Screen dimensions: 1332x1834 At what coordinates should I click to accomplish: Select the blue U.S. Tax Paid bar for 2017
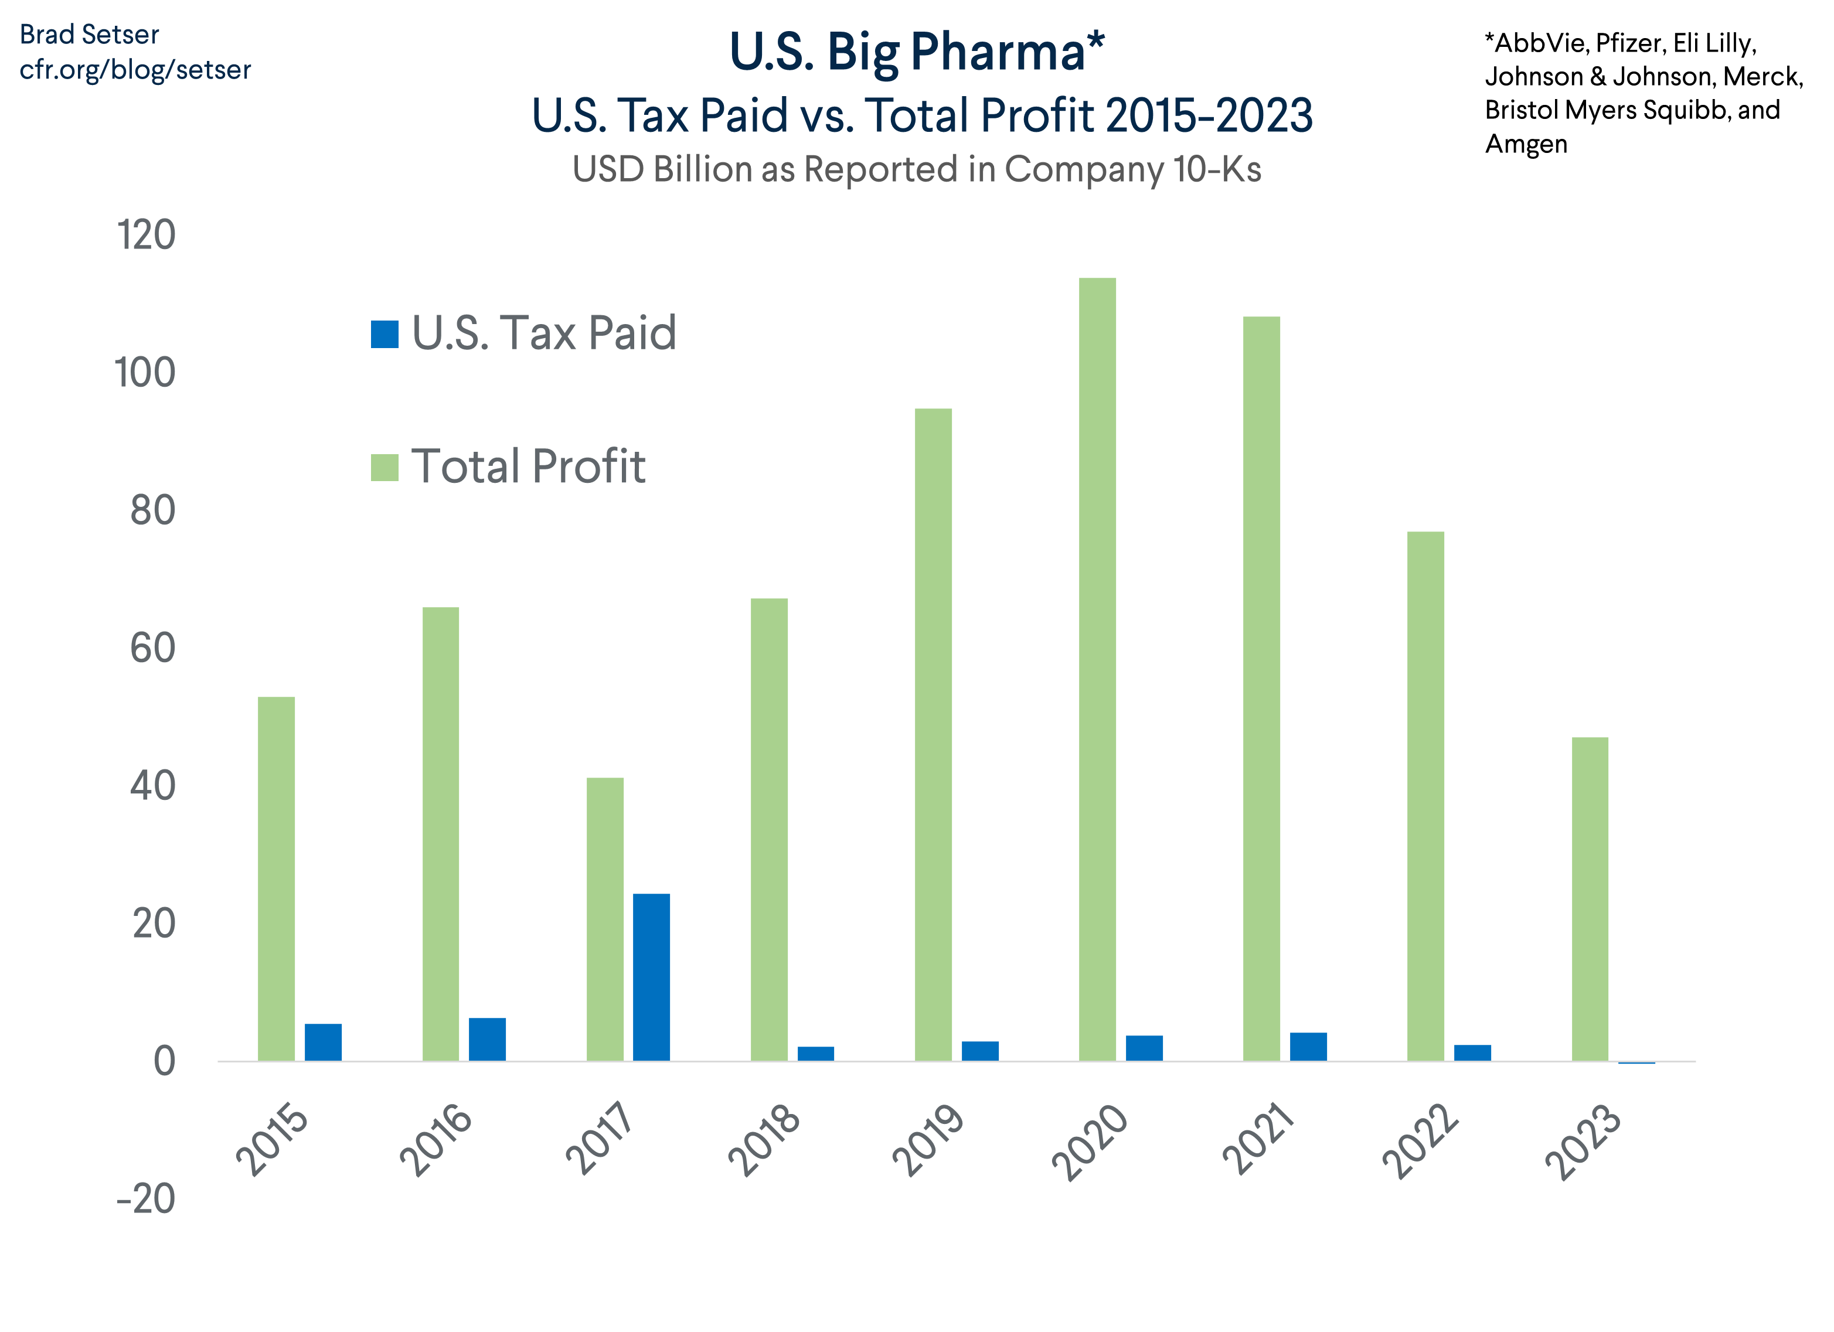click(x=651, y=977)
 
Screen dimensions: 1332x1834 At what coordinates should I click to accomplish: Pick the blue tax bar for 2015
click(x=322, y=1042)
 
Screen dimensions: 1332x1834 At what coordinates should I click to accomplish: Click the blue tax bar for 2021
click(x=1308, y=1047)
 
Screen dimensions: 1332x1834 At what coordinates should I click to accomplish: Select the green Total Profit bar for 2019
click(x=933, y=735)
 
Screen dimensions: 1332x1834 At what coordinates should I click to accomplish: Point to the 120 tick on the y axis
click(x=145, y=235)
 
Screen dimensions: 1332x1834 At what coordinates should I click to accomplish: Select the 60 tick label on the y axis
click(x=152, y=648)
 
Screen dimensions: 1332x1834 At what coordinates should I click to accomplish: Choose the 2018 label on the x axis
click(x=764, y=1140)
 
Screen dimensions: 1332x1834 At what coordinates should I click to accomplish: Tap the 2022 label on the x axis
click(x=1420, y=1140)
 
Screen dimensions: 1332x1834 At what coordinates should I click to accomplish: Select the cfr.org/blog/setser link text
click(x=135, y=70)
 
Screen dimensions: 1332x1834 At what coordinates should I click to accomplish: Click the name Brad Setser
click(x=89, y=35)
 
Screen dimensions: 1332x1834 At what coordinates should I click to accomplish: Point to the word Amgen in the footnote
click(x=1526, y=144)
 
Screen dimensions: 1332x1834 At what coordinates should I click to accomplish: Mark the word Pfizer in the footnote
click(x=1630, y=43)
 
